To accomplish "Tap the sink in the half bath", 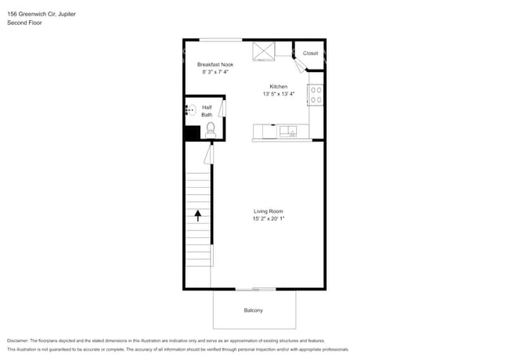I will click(190, 111).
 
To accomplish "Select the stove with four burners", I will click(317, 95).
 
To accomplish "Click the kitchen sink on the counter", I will click(287, 131).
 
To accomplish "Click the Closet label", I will click(311, 53).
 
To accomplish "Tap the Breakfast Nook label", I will click(215, 64).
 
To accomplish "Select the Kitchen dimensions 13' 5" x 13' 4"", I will click(280, 94).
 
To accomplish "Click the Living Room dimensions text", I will click(268, 219).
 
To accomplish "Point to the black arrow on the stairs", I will click(198, 215).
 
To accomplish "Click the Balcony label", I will click(253, 311).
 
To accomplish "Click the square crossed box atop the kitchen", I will click(262, 52).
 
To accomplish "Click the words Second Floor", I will click(24, 23).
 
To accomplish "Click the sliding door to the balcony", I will click(253, 289).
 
